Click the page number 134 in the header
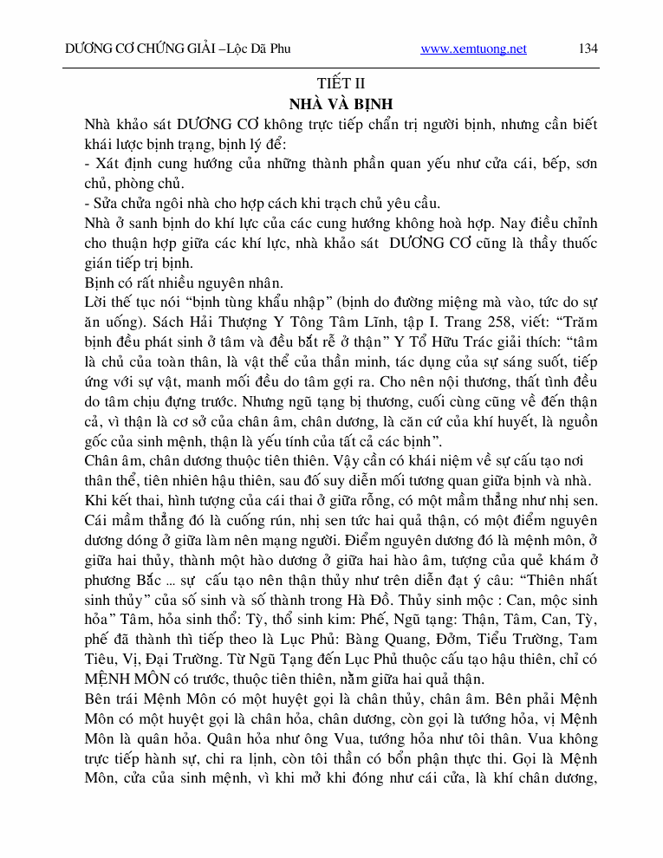(588, 49)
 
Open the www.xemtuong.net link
(473, 49)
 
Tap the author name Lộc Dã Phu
(259, 49)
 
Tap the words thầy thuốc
(564, 243)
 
